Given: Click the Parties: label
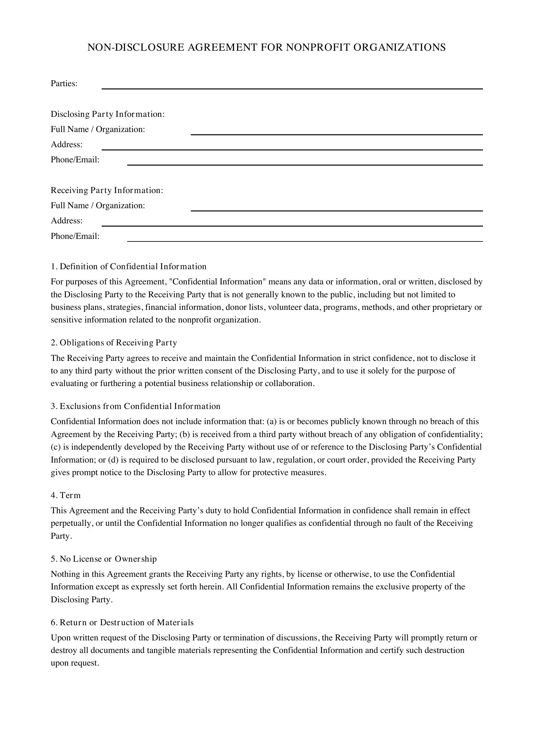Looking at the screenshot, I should [x=64, y=84].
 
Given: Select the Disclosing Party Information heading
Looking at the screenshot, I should [x=108, y=114].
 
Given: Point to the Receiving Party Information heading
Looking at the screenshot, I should [x=107, y=190].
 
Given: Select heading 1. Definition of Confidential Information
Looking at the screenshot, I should [x=128, y=266].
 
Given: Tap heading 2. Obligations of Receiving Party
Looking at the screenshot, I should [x=114, y=343].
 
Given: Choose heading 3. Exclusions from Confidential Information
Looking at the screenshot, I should [x=136, y=406].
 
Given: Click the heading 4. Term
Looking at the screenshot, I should [x=66, y=495].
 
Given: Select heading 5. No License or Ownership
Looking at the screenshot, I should [x=104, y=559].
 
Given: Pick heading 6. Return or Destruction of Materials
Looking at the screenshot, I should [x=122, y=622].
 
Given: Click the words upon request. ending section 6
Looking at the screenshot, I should [x=75, y=663].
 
